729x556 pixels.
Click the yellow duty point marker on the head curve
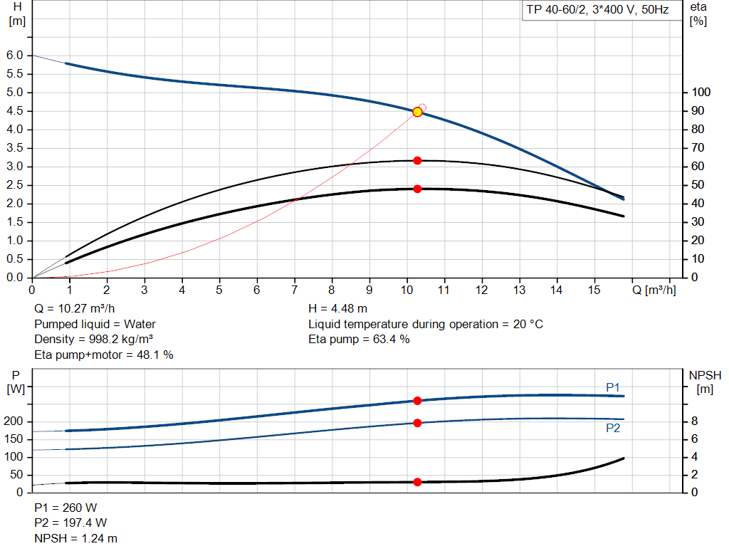[x=417, y=112]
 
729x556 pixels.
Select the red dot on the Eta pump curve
[x=417, y=160]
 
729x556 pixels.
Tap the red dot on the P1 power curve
[x=417, y=401]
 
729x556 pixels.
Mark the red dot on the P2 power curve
[x=417, y=423]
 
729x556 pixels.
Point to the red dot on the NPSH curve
[x=417, y=482]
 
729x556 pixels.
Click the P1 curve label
[x=613, y=387]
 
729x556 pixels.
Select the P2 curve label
[x=613, y=428]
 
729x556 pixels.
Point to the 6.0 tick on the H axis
[x=16, y=56]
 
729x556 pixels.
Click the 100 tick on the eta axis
[x=701, y=93]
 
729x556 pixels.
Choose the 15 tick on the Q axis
[x=594, y=290]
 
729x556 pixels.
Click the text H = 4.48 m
[x=337, y=309]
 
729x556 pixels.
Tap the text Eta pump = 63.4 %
[x=359, y=339]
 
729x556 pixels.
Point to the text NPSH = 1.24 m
[x=76, y=538]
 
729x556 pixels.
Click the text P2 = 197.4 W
[x=70, y=523]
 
